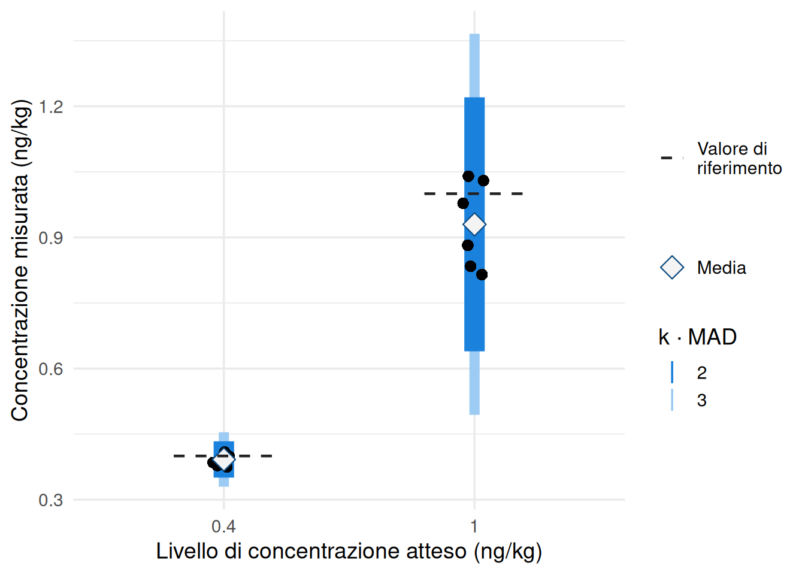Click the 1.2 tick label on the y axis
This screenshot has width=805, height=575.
pyautogui.click(x=50, y=107)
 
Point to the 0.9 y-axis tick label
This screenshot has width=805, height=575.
pyautogui.click(x=50, y=238)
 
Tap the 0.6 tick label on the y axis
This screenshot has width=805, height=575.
pyautogui.click(x=50, y=369)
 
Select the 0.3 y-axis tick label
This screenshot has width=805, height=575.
pyautogui.click(x=50, y=500)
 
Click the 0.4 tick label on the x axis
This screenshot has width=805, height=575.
pyautogui.click(x=223, y=527)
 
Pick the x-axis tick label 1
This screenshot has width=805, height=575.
pyautogui.click(x=474, y=527)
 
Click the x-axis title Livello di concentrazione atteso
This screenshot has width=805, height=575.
pyautogui.click(x=349, y=552)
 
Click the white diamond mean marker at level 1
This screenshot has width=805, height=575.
pyautogui.click(x=474, y=224)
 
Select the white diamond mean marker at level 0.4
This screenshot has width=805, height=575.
pyautogui.click(x=224, y=459)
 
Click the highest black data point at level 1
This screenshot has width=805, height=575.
pyautogui.click(x=468, y=176)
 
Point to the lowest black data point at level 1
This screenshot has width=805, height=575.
pyautogui.click(x=482, y=275)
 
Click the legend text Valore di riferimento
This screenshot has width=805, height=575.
pyautogui.click(x=739, y=159)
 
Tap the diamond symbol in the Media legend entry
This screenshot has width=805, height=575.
pyautogui.click(x=672, y=268)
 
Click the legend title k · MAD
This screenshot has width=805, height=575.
pyautogui.click(x=697, y=337)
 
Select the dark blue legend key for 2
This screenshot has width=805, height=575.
pyautogui.click(x=672, y=373)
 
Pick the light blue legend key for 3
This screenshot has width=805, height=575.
pyautogui.click(x=672, y=400)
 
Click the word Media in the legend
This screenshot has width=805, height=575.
pyautogui.click(x=721, y=268)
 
